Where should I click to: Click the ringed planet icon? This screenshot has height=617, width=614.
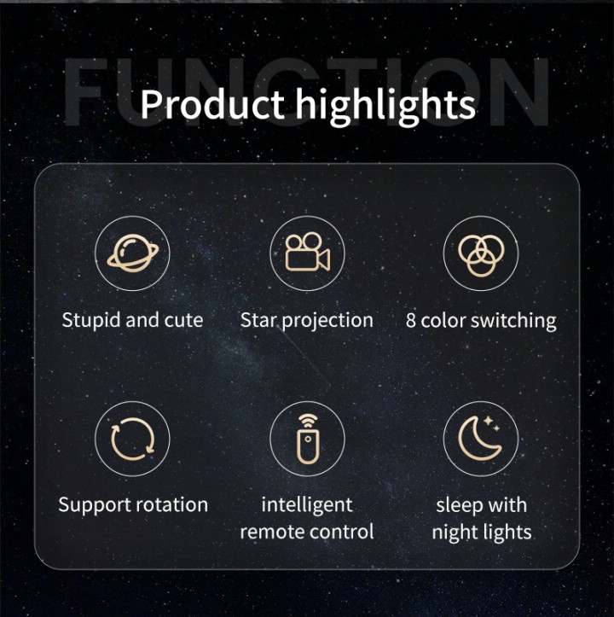133,253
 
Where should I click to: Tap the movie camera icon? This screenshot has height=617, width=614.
307,253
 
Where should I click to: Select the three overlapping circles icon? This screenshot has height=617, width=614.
481,255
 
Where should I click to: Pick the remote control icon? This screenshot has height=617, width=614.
308,439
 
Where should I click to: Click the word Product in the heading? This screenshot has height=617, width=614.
212,105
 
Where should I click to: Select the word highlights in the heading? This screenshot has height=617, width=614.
385,106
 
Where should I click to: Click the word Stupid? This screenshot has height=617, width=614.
91,321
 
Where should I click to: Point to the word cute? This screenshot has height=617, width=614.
183,321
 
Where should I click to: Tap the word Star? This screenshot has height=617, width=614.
258,320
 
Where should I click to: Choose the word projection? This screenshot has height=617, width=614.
327,321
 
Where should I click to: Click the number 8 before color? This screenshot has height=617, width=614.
411,321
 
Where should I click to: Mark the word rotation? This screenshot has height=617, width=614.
177,505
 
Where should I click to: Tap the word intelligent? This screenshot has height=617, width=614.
307,506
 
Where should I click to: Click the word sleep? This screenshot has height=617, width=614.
459,506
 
